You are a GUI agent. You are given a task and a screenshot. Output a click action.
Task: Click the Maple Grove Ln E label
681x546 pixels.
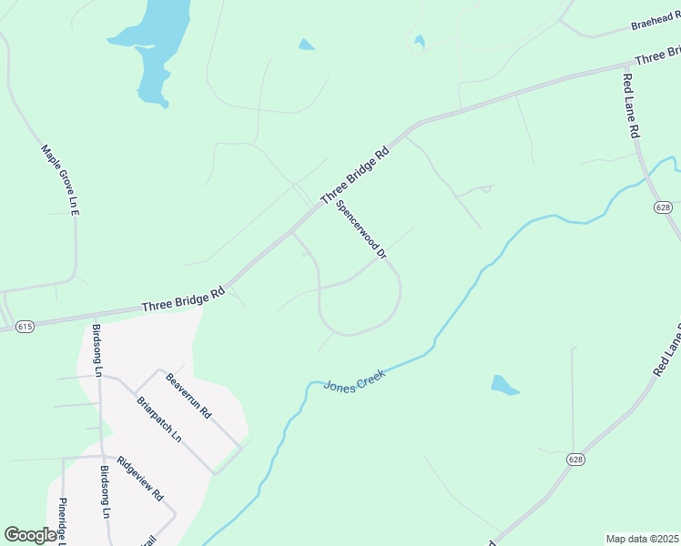click(62, 179)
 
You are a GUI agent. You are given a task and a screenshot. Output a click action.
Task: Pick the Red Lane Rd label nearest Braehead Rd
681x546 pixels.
click(631, 106)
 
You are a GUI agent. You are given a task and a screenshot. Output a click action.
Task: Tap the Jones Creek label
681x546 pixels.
click(355, 379)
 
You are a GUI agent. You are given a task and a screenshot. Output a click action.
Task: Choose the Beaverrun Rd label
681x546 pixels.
click(188, 395)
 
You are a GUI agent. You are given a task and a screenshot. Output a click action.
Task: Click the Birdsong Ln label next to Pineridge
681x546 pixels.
click(105, 492)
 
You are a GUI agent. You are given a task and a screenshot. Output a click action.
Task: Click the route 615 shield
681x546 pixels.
click(25, 326)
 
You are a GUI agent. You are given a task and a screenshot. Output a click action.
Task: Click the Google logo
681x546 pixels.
click(30, 535)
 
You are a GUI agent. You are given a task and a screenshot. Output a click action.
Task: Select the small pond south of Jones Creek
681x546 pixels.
click(503, 385)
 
